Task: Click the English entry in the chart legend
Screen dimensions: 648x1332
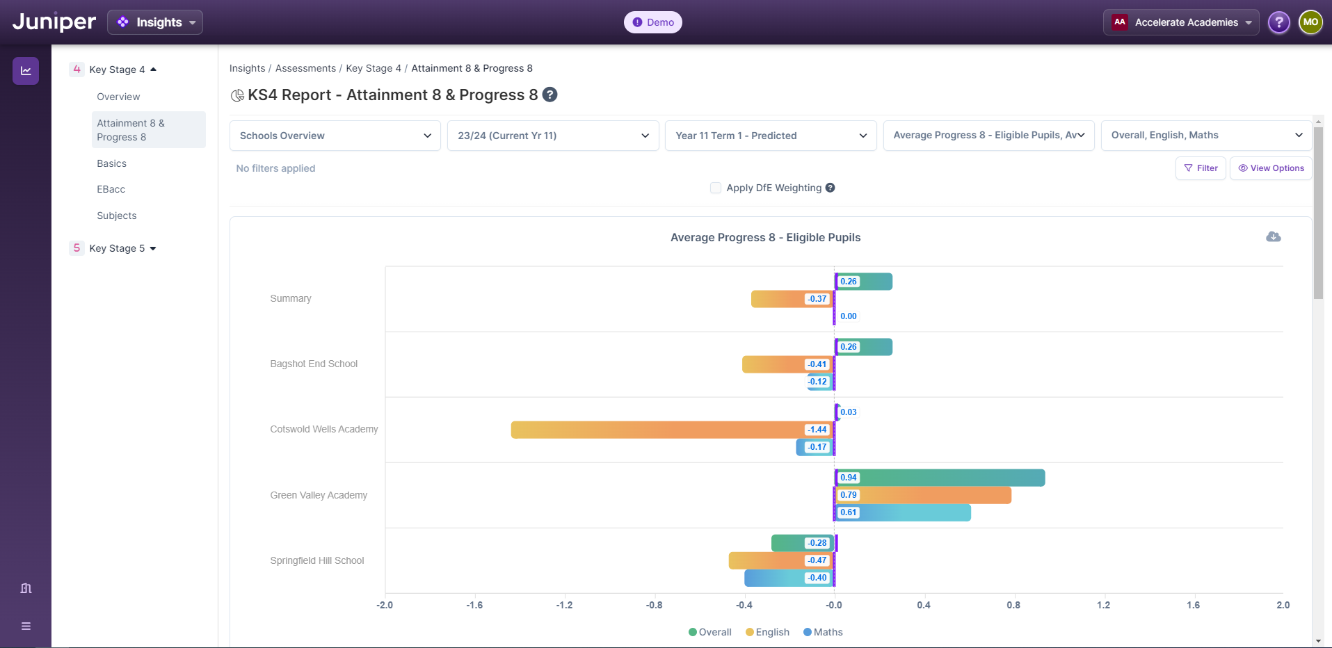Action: [x=768, y=632]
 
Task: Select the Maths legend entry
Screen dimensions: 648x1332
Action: [x=824, y=632]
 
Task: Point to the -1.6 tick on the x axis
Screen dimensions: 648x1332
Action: [x=474, y=605]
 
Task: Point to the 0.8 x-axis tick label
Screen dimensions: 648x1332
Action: [x=1013, y=605]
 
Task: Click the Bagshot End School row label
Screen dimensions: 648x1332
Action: [x=314, y=364]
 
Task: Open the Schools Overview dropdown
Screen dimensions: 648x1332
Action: [x=335, y=136]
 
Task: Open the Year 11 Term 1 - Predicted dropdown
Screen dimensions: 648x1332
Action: [x=770, y=136]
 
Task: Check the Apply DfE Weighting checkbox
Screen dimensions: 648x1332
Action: [x=715, y=188]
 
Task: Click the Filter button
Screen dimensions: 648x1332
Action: [x=1201, y=168]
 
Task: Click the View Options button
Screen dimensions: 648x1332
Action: [x=1271, y=168]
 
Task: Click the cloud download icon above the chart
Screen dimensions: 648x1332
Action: [x=1273, y=237]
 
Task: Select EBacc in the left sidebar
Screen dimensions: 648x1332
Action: [x=111, y=189]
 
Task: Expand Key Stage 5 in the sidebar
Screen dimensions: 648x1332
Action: [x=117, y=248]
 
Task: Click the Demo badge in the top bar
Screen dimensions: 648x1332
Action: [x=652, y=22]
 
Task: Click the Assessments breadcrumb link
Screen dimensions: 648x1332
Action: [x=305, y=68]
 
